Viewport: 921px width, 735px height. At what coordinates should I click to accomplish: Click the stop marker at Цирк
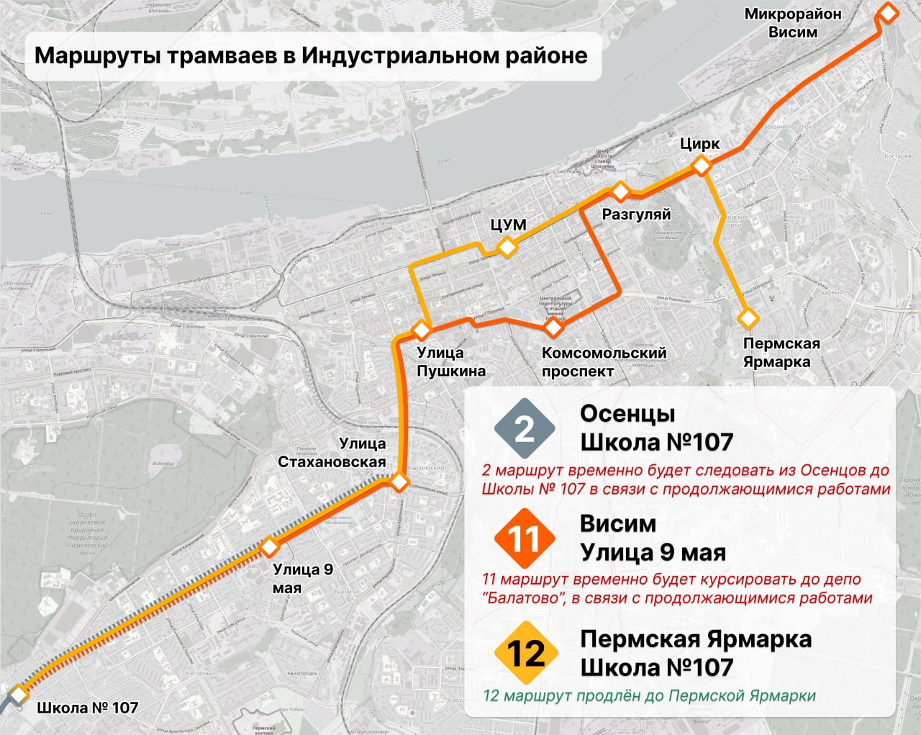tap(702, 166)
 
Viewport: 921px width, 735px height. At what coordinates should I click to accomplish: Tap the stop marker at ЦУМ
tap(508, 248)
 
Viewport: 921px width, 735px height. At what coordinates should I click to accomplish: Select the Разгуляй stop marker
tap(620, 191)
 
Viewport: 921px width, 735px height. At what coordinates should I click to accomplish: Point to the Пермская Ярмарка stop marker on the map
tap(748, 317)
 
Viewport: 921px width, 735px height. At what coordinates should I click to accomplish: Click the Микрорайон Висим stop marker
tap(889, 13)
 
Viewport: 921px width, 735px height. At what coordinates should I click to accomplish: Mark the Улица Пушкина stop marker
tap(421, 330)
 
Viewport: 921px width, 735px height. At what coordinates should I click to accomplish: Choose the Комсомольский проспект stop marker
tap(553, 328)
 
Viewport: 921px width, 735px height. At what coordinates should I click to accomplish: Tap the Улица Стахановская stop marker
tap(400, 482)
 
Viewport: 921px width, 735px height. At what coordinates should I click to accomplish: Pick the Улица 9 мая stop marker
tap(269, 547)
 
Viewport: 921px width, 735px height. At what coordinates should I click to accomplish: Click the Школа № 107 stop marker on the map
tap(17, 695)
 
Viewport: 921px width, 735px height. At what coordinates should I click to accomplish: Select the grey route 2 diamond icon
tap(525, 429)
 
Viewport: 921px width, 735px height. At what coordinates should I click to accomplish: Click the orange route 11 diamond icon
tap(525, 538)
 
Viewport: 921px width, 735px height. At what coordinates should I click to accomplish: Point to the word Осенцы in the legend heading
tap(627, 414)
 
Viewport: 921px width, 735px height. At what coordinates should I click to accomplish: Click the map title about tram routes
tap(311, 56)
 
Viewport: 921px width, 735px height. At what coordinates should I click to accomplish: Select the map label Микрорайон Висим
tap(792, 23)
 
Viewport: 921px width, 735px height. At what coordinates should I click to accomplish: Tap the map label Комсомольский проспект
tap(604, 362)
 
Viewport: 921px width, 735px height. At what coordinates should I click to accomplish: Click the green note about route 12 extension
tap(649, 695)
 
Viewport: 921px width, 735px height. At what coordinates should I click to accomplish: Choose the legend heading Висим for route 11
tap(618, 523)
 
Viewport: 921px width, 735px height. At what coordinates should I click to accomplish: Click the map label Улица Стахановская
tap(332, 452)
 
